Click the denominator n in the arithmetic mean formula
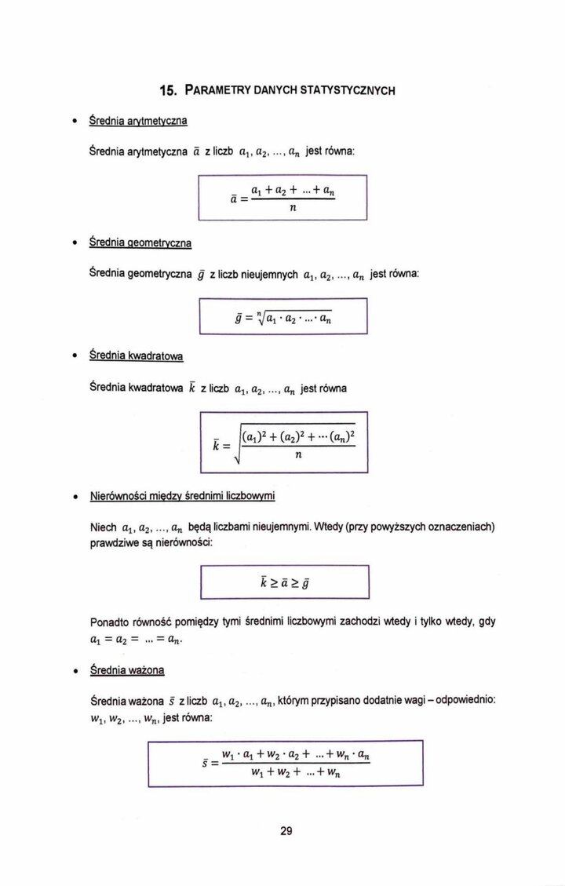(292, 208)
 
